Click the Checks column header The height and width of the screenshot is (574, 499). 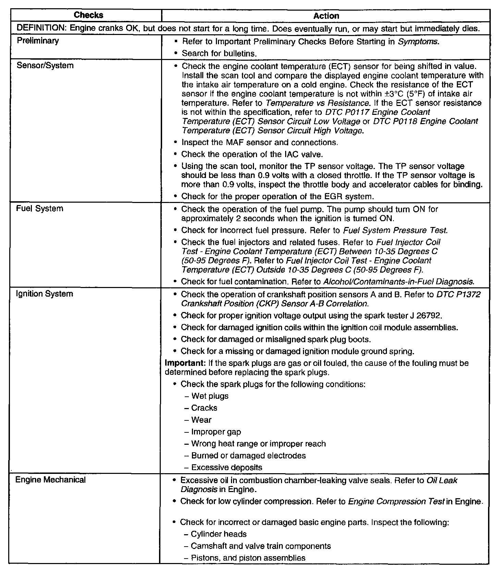click(x=88, y=15)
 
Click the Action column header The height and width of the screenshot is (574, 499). click(x=326, y=16)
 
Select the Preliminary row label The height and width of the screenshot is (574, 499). click(x=38, y=41)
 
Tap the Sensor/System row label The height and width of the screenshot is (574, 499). click(x=45, y=65)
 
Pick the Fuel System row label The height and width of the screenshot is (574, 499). click(x=40, y=208)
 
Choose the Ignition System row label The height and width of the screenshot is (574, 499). click(x=45, y=294)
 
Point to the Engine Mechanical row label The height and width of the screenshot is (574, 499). click(x=50, y=480)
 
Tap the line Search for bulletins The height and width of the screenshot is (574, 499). click(x=219, y=53)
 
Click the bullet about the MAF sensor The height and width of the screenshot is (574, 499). click(x=259, y=142)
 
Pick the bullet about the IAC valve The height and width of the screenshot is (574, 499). click(x=252, y=154)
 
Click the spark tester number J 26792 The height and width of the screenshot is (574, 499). click(x=432, y=315)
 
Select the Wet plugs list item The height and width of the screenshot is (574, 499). click(x=210, y=396)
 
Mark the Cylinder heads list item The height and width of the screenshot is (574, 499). click(x=218, y=534)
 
